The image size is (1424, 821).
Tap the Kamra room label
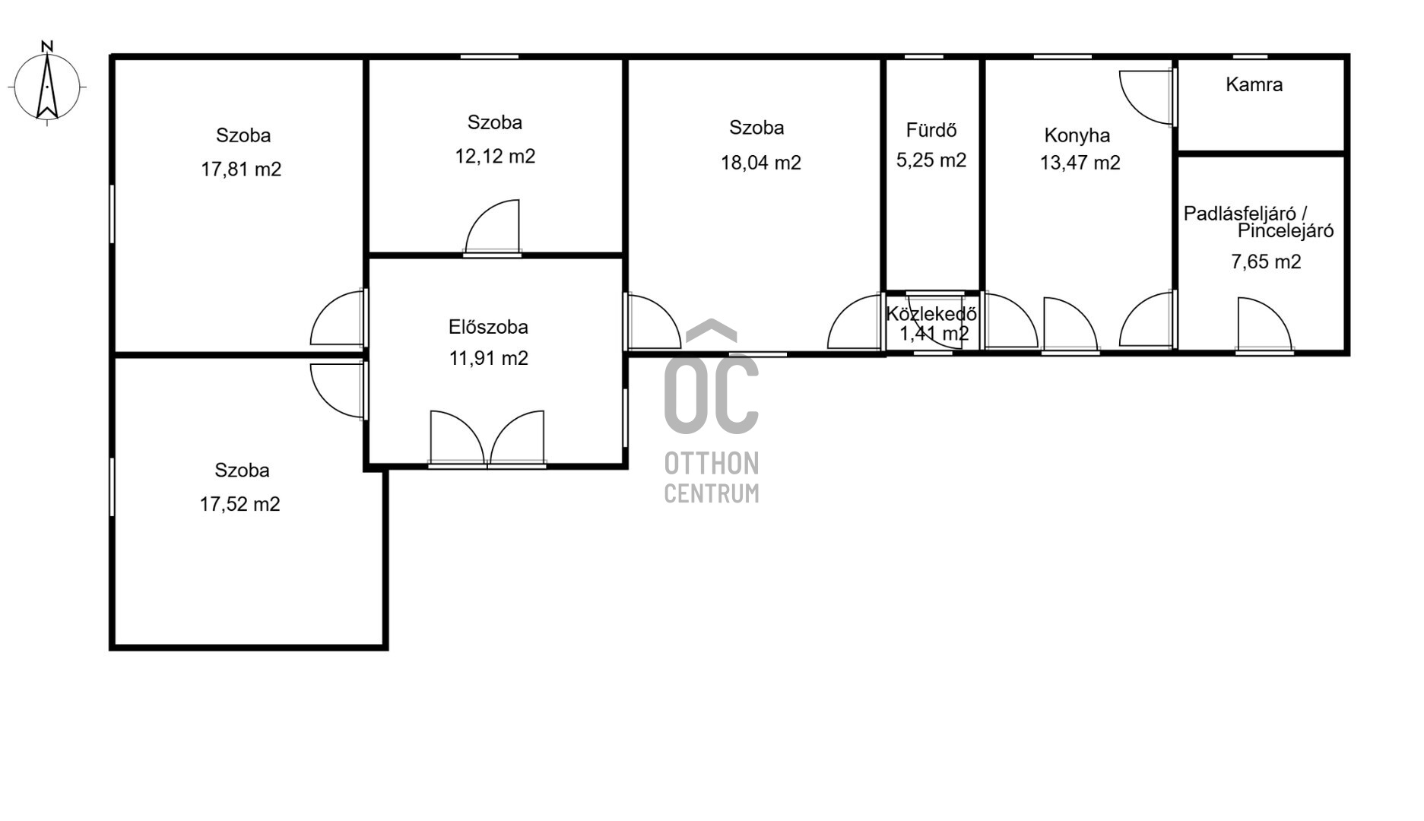click(x=1254, y=84)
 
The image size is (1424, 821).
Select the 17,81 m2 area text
click(x=241, y=169)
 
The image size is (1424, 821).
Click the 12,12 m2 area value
click(x=495, y=157)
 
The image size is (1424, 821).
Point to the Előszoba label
click(x=488, y=327)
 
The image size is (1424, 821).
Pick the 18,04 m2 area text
click(x=761, y=163)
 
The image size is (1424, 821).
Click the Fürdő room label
click(x=931, y=130)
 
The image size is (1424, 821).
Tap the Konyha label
click(x=1077, y=135)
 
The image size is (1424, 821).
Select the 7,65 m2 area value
click(x=1266, y=262)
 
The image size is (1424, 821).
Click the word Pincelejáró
click(x=1286, y=231)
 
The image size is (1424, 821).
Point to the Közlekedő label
click(x=931, y=313)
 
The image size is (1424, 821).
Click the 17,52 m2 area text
click(x=239, y=504)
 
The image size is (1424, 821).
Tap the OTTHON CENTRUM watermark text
click(x=712, y=477)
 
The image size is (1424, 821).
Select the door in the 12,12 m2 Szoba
click(x=493, y=227)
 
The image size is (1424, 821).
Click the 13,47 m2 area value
click(x=1080, y=163)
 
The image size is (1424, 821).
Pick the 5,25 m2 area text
click(x=931, y=160)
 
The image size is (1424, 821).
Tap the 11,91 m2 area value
click(x=488, y=358)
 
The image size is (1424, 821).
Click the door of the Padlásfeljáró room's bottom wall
click(x=1265, y=325)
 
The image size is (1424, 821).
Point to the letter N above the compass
click(x=47, y=46)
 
